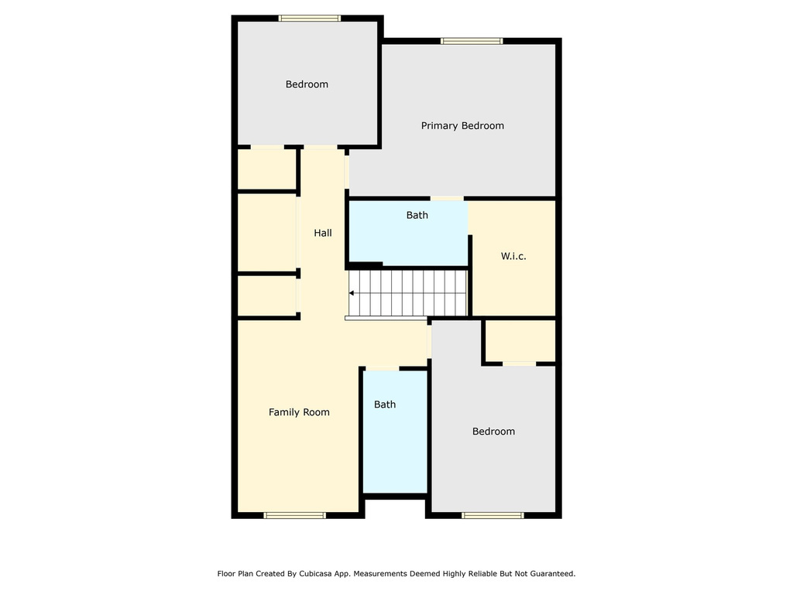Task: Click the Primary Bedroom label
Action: pyautogui.click(x=462, y=125)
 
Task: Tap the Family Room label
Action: pyautogui.click(x=299, y=412)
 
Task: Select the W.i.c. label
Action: pyautogui.click(x=513, y=256)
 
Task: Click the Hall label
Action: pyautogui.click(x=323, y=233)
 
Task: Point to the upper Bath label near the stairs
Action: pyautogui.click(x=417, y=215)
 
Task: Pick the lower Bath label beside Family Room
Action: pyautogui.click(x=385, y=405)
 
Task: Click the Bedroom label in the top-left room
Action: pyautogui.click(x=307, y=84)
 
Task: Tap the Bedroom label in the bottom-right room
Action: pyautogui.click(x=493, y=432)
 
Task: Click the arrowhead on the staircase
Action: pyautogui.click(x=352, y=293)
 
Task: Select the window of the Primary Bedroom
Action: pyautogui.click(x=472, y=41)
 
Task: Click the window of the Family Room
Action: pyautogui.click(x=294, y=515)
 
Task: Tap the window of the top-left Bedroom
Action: pyautogui.click(x=310, y=19)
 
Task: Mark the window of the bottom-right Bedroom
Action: pyautogui.click(x=493, y=515)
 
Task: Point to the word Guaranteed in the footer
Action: pyautogui.click(x=549, y=574)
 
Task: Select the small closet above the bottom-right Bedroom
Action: pyautogui.click(x=520, y=340)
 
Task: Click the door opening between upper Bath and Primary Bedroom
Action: pyautogui.click(x=447, y=199)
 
